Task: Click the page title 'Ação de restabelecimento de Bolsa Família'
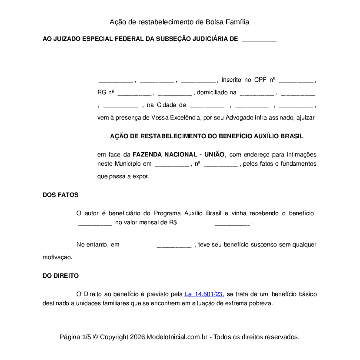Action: (179, 22)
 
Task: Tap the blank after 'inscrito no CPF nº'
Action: (296, 80)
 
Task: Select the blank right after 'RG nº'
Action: (134, 93)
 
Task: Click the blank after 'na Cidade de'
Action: (207, 106)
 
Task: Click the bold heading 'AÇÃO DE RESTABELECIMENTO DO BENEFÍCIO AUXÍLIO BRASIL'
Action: (207, 136)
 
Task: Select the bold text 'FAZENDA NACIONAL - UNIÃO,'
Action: (179, 154)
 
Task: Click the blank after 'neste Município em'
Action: (172, 164)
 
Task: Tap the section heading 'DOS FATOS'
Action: (60, 195)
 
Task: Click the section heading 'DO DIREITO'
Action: (60, 276)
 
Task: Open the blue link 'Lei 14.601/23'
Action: (203, 294)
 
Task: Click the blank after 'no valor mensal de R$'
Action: (232, 223)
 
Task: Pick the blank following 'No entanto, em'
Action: (174, 245)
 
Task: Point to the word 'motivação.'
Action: (57, 257)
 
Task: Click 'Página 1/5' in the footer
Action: (75, 337)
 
